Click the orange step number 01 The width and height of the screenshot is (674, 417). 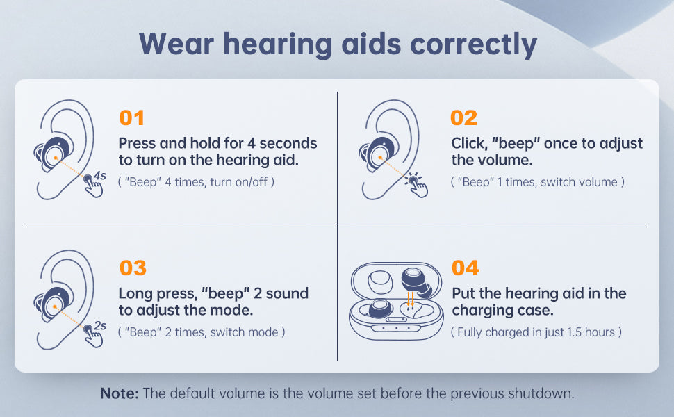[x=131, y=117]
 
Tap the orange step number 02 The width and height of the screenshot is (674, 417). [x=463, y=117]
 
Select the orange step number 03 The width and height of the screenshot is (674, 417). [x=133, y=268]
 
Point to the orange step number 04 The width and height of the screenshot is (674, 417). [x=465, y=268]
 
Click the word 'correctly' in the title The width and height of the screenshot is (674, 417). [x=474, y=44]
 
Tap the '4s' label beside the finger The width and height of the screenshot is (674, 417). [x=100, y=175]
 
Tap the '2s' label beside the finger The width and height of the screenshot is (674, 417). [x=100, y=325]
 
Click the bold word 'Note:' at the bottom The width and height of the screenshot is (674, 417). [x=120, y=393]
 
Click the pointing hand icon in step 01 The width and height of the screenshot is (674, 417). [x=93, y=186]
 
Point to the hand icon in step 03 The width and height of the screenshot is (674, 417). [x=93, y=336]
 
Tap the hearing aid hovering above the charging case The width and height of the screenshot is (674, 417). [x=416, y=282]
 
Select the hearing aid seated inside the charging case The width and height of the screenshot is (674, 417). [x=379, y=309]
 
